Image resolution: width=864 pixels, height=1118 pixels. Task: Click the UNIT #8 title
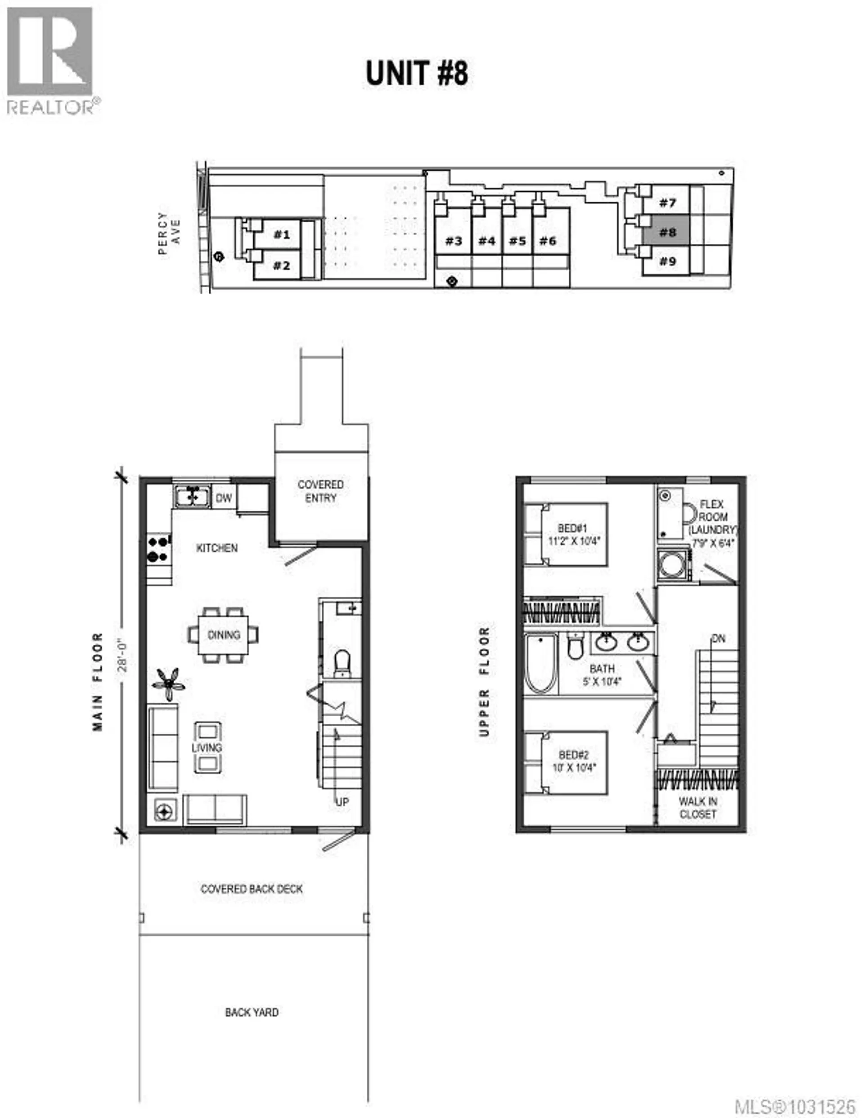click(417, 73)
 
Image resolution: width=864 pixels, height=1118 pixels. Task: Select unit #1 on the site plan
click(281, 234)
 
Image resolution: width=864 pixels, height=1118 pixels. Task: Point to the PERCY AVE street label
click(169, 233)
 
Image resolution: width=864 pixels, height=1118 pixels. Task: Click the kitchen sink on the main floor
click(192, 496)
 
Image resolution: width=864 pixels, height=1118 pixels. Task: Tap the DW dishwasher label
click(224, 498)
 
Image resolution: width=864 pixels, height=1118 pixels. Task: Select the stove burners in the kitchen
click(159, 549)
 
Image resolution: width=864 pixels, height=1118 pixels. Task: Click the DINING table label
click(224, 635)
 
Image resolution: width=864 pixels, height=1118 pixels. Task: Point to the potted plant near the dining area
click(168, 683)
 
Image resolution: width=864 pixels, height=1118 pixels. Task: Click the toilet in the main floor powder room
click(342, 662)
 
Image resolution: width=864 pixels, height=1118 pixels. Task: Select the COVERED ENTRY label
click(320, 491)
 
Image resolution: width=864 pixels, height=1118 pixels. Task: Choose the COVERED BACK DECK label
click(252, 889)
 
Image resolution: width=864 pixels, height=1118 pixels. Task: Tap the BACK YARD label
click(252, 1012)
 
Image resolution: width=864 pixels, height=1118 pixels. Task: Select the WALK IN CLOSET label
click(697, 808)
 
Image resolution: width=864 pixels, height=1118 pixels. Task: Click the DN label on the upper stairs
click(718, 639)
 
